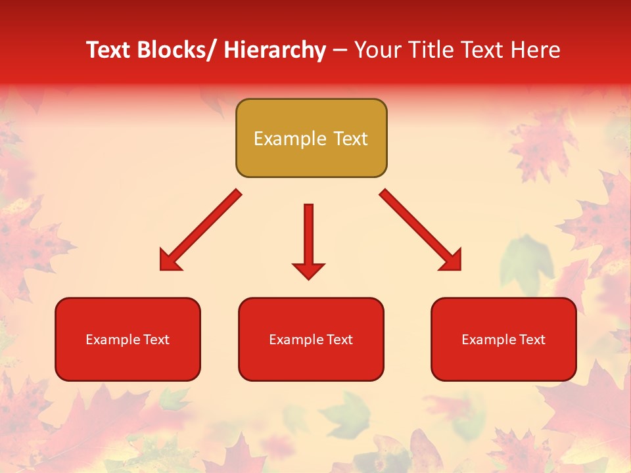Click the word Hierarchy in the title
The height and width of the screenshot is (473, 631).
[275, 51]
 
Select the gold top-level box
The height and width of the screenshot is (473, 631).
[311, 138]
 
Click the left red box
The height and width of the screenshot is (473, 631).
[128, 339]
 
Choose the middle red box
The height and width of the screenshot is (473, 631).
[311, 339]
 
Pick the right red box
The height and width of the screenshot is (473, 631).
[503, 339]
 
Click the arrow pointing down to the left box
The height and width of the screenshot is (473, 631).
[200, 230]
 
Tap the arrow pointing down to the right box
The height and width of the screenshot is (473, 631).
[421, 230]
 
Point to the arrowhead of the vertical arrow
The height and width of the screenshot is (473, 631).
[308, 270]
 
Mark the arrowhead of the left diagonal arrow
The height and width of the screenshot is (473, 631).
[168, 261]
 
